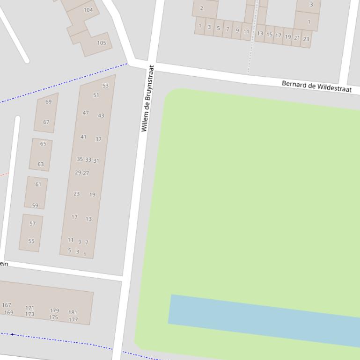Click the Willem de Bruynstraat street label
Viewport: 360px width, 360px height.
[147, 98]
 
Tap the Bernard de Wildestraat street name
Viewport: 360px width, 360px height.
[316, 86]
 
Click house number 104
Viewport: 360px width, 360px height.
[88, 10]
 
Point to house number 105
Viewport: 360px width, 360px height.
[102, 43]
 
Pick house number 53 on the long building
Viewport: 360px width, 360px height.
[105, 86]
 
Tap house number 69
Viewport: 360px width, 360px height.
[49, 101]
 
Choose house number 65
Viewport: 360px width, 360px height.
[43, 144]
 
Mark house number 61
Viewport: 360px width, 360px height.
[38, 184]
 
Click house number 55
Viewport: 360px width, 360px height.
[31, 241]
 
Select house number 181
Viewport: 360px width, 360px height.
[73, 312]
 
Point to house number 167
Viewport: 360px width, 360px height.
[6, 305]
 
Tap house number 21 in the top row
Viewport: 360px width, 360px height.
[297, 37]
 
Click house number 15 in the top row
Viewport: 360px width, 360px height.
[269, 35]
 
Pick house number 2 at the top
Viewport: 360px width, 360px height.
[202, 8]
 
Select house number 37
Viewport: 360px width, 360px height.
[98, 139]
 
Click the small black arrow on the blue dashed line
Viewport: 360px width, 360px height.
[13, 334]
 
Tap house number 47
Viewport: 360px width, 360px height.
[86, 113]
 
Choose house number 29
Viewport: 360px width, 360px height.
[78, 173]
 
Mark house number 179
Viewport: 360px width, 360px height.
[54, 310]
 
